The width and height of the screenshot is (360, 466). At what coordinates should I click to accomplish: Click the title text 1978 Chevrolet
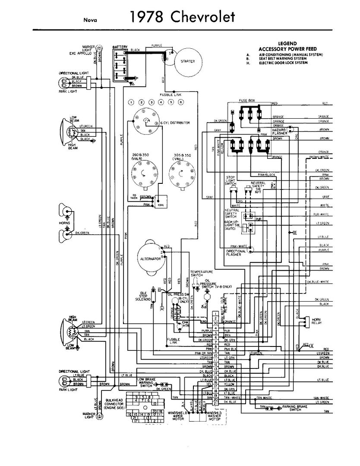[182, 17]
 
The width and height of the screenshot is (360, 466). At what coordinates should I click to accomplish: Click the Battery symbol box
[120, 65]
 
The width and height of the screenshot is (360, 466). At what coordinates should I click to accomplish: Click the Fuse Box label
[247, 101]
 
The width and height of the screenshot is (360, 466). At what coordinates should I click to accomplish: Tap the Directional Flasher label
[235, 253]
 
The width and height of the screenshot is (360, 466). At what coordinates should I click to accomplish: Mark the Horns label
[64, 223]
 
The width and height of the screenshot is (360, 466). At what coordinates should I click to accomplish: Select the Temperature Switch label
[202, 273]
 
